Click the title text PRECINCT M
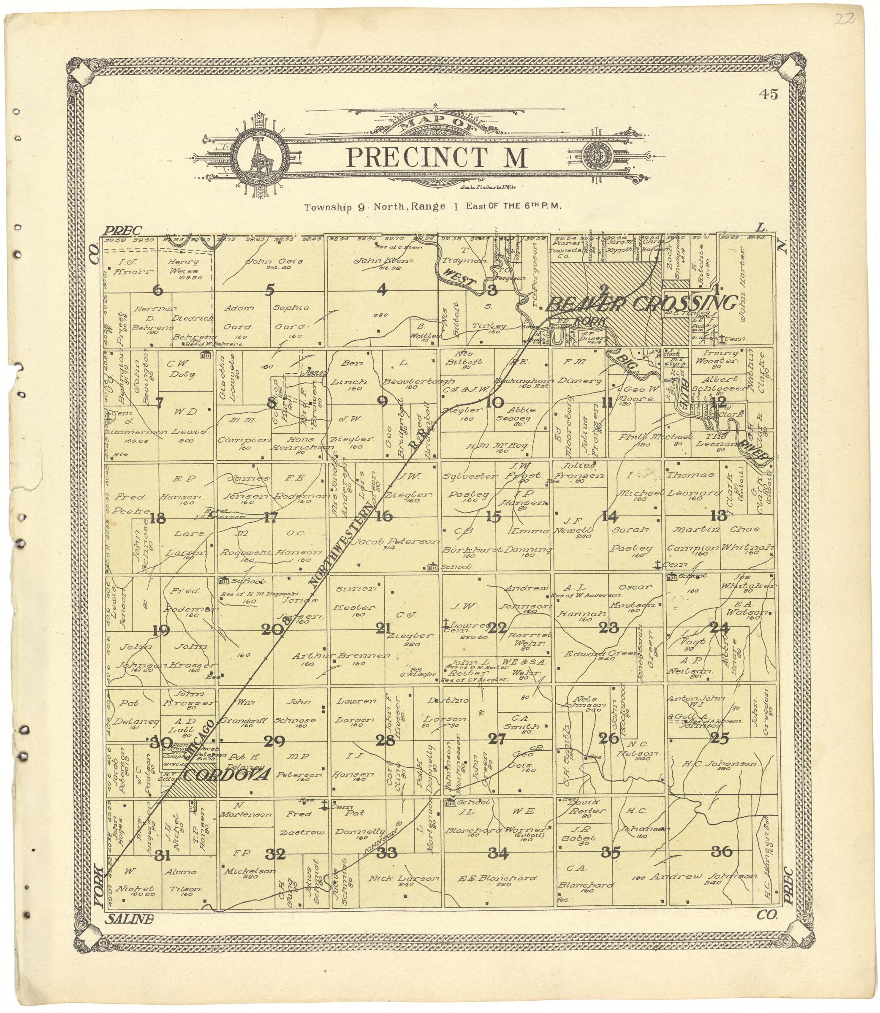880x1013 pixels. click(437, 158)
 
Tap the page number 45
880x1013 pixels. click(768, 95)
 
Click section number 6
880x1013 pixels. click(158, 290)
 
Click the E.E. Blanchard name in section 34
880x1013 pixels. click(497, 878)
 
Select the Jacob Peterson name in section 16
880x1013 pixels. click(397, 542)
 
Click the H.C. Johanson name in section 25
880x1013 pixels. click(720, 765)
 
